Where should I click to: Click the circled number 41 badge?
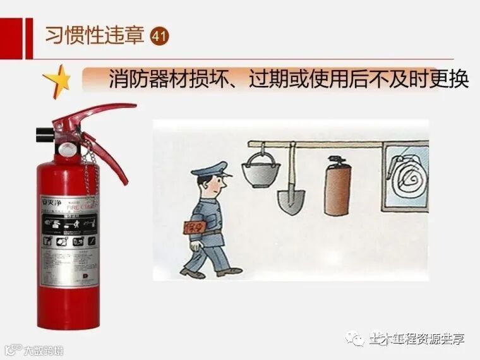[160, 35]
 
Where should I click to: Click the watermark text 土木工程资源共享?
[416, 339]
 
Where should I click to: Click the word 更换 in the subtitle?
[450, 81]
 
